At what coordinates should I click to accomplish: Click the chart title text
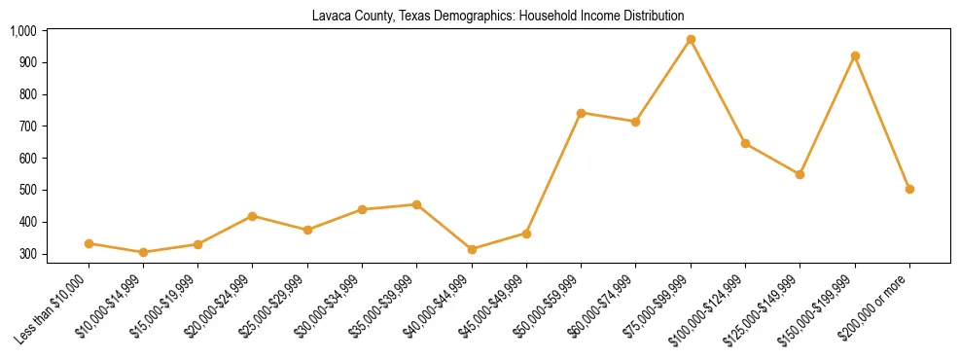(497, 16)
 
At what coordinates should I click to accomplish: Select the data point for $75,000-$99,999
(691, 40)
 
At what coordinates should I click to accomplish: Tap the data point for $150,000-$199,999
(855, 56)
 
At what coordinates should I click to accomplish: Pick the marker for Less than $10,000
(89, 243)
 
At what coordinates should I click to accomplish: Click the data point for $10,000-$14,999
(143, 252)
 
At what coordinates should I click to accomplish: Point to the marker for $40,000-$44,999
(472, 249)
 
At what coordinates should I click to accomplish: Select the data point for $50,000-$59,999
(581, 113)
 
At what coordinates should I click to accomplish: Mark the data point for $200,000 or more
(909, 189)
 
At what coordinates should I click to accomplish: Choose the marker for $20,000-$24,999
(253, 216)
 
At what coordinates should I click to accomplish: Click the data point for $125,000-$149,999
(800, 174)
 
